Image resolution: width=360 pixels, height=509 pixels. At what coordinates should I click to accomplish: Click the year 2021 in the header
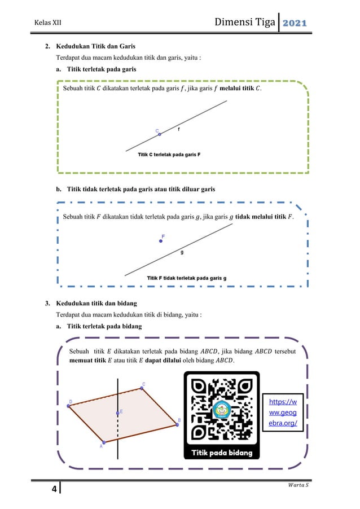(294, 23)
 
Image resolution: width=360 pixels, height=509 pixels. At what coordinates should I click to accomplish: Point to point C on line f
(160, 134)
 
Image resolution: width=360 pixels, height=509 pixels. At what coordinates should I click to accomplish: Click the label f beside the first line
(179, 129)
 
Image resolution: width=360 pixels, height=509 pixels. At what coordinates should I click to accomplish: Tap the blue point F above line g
(161, 241)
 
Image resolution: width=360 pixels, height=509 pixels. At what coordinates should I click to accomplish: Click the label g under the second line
(182, 252)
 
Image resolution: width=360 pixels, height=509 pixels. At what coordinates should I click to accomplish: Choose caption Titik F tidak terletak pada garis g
(186, 278)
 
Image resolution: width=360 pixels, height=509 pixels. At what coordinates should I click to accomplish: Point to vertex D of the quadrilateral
(68, 406)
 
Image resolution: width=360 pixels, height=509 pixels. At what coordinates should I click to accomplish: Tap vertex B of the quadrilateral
(177, 424)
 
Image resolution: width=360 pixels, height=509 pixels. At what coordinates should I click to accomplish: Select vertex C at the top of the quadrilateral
(142, 388)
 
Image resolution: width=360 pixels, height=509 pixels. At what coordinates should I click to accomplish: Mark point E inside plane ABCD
(118, 413)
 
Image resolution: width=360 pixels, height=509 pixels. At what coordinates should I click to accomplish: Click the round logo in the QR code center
(221, 410)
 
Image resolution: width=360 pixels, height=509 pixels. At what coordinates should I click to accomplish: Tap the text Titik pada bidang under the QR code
(221, 453)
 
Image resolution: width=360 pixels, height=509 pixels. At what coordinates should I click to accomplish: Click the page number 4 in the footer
(54, 489)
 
